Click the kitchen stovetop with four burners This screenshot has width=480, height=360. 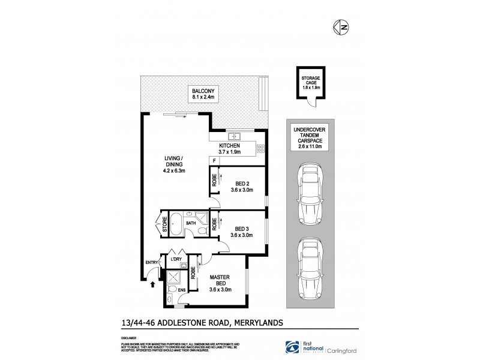tap(261, 148)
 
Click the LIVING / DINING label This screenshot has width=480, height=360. tap(175, 164)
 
